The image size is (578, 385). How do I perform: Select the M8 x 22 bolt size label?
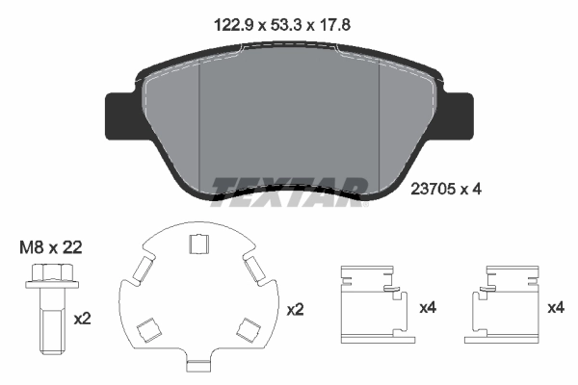pyautogui.click(x=50, y=247)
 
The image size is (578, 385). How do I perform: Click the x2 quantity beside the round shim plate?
pyautogui.click(x=295, y=310)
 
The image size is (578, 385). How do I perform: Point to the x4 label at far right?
pyautogui.click(x=556, y=308)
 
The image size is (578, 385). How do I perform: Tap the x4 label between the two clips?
pyautogui.click(x=428, y=308)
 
